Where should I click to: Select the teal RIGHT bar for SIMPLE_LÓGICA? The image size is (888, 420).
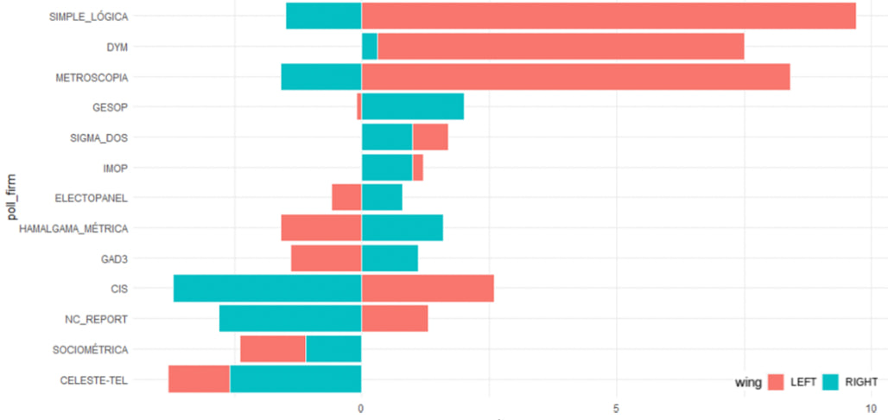[x=323, y=16]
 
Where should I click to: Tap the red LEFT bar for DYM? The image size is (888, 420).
[x=561, y=47]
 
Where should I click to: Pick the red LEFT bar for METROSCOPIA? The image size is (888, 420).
[x=575, y=77]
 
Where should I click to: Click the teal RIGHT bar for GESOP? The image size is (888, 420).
[x=412, y=107]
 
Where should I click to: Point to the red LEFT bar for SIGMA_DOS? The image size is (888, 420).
[x=429, y=137]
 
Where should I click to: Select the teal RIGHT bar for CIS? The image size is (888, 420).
[x=267, y=289]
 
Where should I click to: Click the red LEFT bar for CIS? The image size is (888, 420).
[x=427, y=289]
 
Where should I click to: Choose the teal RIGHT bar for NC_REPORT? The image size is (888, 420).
[x=289, y=319]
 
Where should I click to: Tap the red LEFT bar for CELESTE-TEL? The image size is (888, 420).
[x=199, y=379]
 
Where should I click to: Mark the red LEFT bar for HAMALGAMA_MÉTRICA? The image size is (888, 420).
[x=320, y=228]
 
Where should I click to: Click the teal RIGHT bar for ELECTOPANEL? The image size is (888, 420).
[x=381, y=198]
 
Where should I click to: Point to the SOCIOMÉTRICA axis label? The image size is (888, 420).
[x=90, y=349]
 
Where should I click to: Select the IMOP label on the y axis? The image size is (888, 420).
[x=113, y=168]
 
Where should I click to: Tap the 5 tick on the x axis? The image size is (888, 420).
[x=616, y=406]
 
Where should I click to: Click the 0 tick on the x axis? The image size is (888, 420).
[x=361, y=406]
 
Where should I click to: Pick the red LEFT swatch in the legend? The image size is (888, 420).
[x=776, y=382]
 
